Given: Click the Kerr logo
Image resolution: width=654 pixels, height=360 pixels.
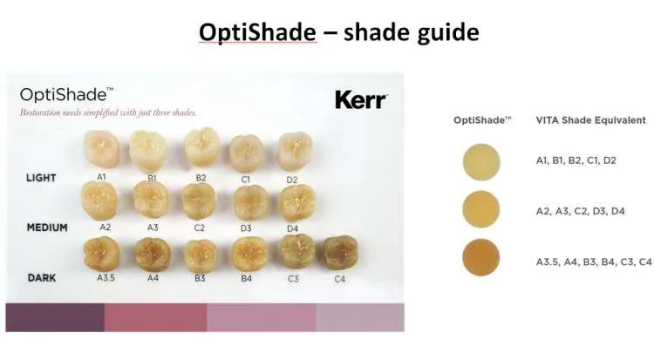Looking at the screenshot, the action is [x=361, y=100].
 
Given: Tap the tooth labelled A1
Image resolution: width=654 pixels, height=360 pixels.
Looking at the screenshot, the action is [x=101, y=149].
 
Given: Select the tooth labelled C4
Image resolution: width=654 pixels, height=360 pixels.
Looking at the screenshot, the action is [x=341, y=253].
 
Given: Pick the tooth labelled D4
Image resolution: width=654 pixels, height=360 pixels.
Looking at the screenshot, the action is [x=298, y=204].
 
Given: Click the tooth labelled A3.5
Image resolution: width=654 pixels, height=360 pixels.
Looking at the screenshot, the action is [x=102, y=254].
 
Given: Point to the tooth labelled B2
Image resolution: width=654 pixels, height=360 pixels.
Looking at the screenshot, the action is [x=202, y=146].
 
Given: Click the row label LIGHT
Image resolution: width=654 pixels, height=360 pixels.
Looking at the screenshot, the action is [x=41, y=178].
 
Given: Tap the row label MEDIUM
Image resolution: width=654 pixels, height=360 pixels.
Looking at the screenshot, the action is [x=47, y=228].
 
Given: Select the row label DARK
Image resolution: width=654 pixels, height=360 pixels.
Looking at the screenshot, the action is [x=42, y=278].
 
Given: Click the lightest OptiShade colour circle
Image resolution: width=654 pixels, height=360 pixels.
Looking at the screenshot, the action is [x=481, y=162].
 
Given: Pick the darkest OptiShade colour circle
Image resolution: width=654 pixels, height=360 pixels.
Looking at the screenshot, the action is [x=481, y=257].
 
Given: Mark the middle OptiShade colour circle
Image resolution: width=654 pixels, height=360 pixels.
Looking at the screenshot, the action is [x=481, y=209].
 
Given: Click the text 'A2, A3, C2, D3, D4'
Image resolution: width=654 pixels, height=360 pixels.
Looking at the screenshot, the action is [x=580, y=211].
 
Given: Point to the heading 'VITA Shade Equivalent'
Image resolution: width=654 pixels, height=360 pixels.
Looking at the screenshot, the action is [x=591, y=120].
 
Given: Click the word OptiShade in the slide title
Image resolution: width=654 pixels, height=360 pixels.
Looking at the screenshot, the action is [x=257, y=32].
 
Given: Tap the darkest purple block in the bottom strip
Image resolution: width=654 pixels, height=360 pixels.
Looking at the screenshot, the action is [x=55, y=317].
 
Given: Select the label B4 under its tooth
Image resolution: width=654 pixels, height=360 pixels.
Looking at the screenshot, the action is [x=246, y=278].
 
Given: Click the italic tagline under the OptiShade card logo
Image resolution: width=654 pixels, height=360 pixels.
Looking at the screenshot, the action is [x=108, y=112].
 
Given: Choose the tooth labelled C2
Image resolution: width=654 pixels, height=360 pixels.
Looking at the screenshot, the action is [x=199, y=201].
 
